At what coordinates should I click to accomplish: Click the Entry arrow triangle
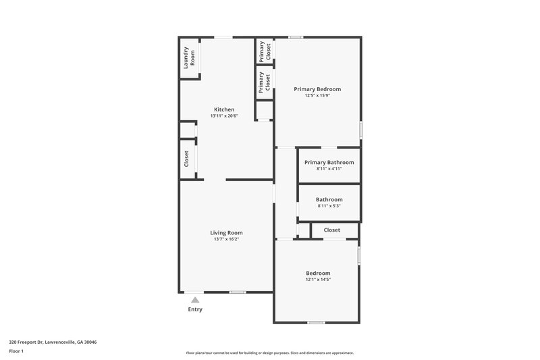pos(194,300)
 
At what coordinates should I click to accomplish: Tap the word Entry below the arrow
pos(194,309)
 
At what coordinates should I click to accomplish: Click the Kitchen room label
pos(224,109)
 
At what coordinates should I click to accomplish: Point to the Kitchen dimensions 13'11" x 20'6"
pos(224,116)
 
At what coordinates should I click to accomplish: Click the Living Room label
pos(226,232)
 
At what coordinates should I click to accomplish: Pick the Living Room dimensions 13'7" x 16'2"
pos(226,239)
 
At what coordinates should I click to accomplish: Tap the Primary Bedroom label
pos(317,89)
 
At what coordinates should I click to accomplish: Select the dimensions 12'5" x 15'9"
pos(317,96)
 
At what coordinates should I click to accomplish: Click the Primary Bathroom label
pos(329,162)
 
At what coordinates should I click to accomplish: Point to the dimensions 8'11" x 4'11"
pos(329,169)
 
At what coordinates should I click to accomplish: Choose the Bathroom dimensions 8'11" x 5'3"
pos(329,206)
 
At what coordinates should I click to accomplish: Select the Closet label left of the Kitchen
pos(186,159)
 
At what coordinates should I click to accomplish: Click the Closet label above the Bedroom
pos(332,230)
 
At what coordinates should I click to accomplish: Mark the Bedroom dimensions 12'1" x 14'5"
pos(318,280)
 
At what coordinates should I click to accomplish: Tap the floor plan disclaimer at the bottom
pos(269,353)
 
